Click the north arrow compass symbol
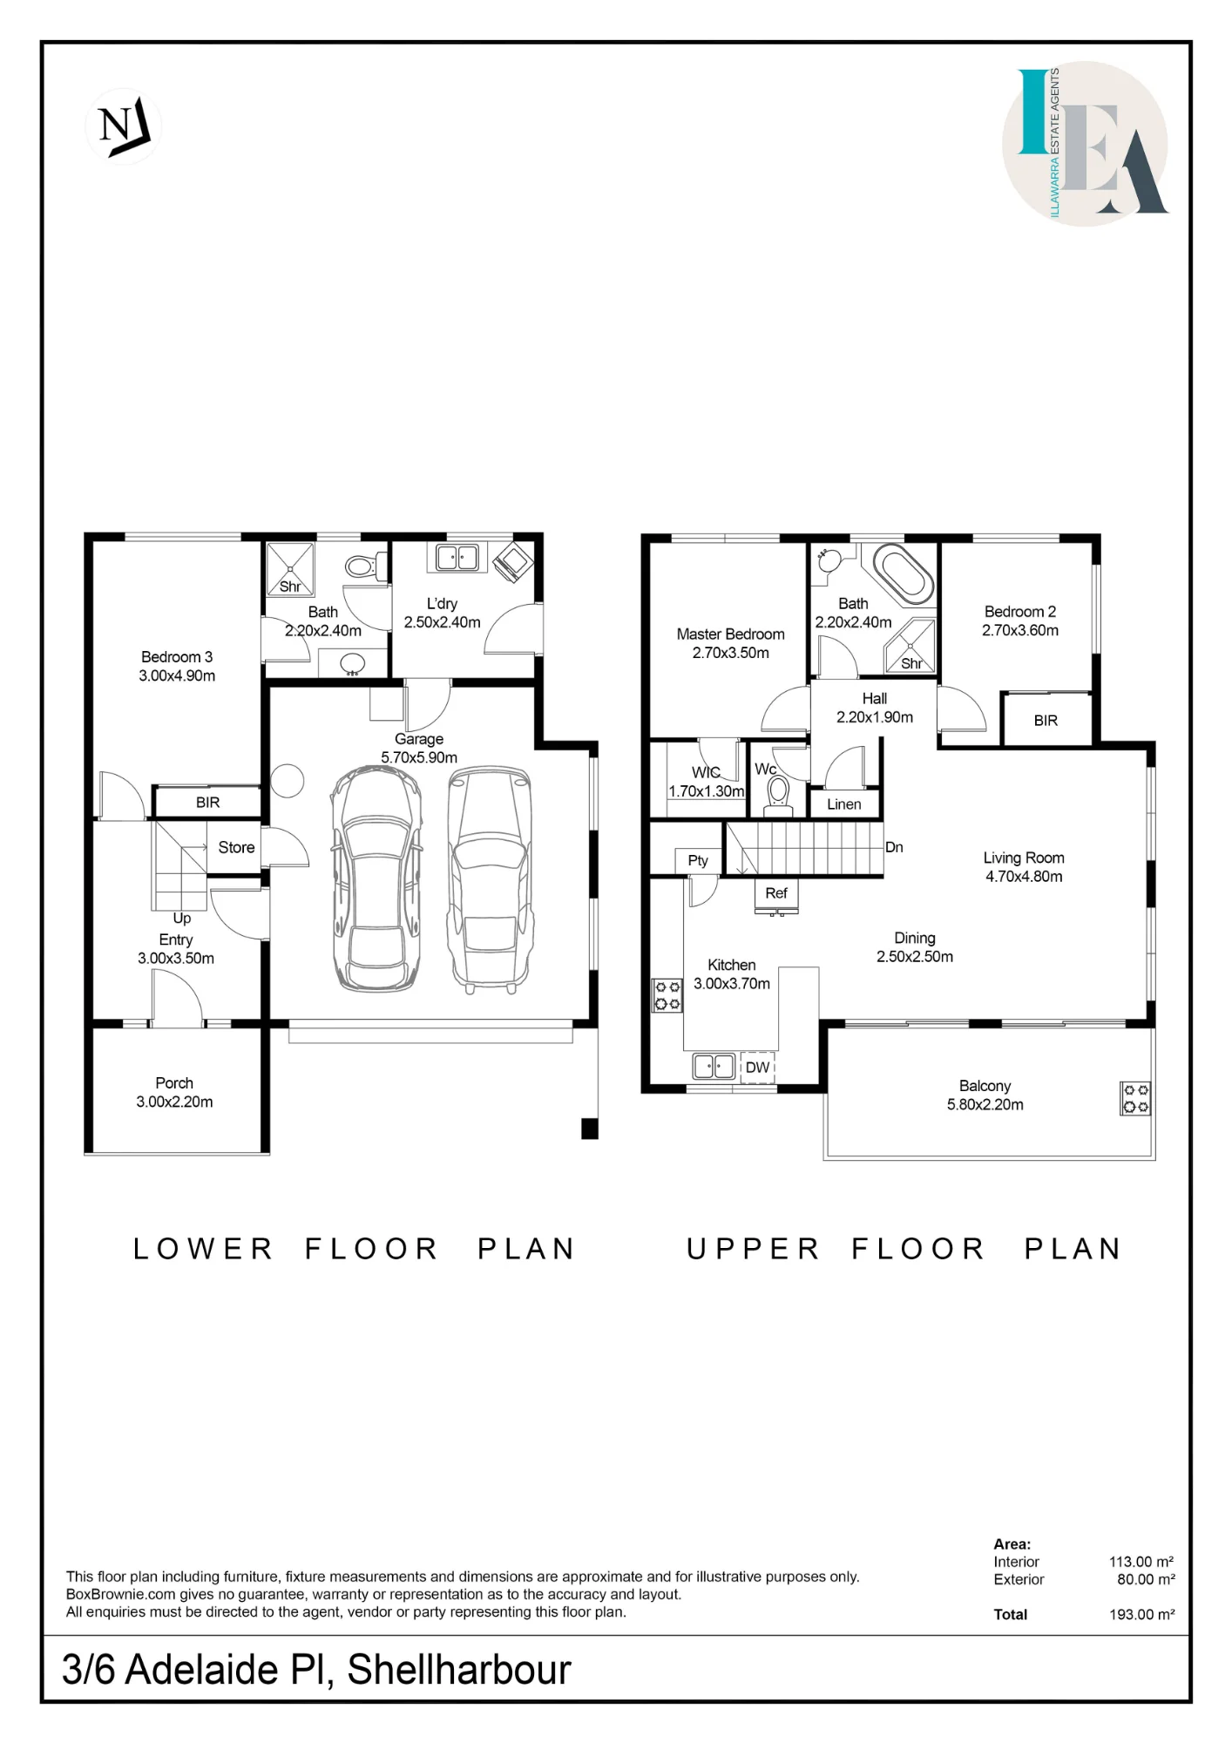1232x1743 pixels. pos(123,126)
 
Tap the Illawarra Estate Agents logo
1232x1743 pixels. pos(1085,143)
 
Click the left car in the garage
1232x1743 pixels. pos(376,878)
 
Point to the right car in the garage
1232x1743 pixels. pos(490,878)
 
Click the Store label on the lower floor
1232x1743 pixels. pos(236,847)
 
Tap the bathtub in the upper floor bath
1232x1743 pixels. pos(903,574)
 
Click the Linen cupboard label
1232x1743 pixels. pos(843,804)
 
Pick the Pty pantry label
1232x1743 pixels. pos(698,860)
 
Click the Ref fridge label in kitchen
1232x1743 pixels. pos(776,893)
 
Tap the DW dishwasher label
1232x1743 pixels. pos(758,1068)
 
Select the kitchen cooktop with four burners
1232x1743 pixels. pos(667,995)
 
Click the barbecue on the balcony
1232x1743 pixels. pos(1135,1098)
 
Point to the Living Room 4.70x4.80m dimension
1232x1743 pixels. pos(1024,877)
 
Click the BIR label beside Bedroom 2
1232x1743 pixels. pos(1046,721)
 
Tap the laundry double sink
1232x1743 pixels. pos(457,557)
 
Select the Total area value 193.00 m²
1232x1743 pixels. pos(1141,1614)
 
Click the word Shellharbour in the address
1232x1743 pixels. pos(459,1671)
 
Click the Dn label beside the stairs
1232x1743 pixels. pos(894,847)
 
